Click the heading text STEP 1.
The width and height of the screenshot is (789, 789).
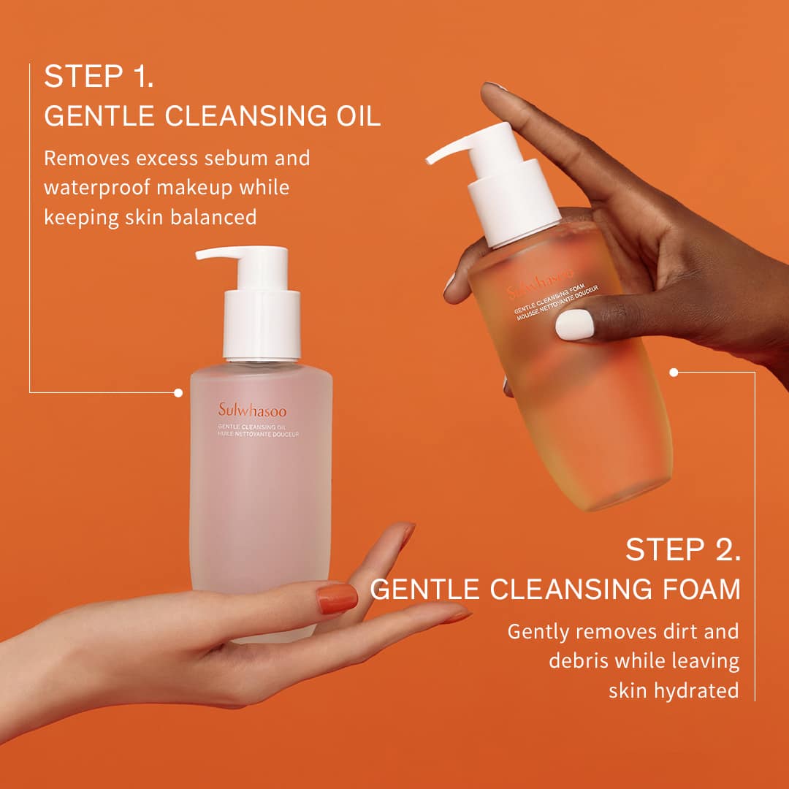click(99, 77)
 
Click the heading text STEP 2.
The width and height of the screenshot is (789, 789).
click(683, 549)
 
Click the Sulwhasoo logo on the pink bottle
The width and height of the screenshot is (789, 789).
click(252, 411)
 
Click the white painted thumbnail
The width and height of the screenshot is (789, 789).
click(575, 324)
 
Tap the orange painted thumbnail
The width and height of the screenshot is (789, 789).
click(337, 598)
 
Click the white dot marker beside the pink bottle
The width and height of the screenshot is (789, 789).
click(178, 392)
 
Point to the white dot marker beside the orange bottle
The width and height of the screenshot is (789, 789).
click(674, 372)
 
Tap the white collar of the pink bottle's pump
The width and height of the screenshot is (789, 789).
click(262, 324)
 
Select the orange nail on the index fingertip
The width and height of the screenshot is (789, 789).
click(407, 535)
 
